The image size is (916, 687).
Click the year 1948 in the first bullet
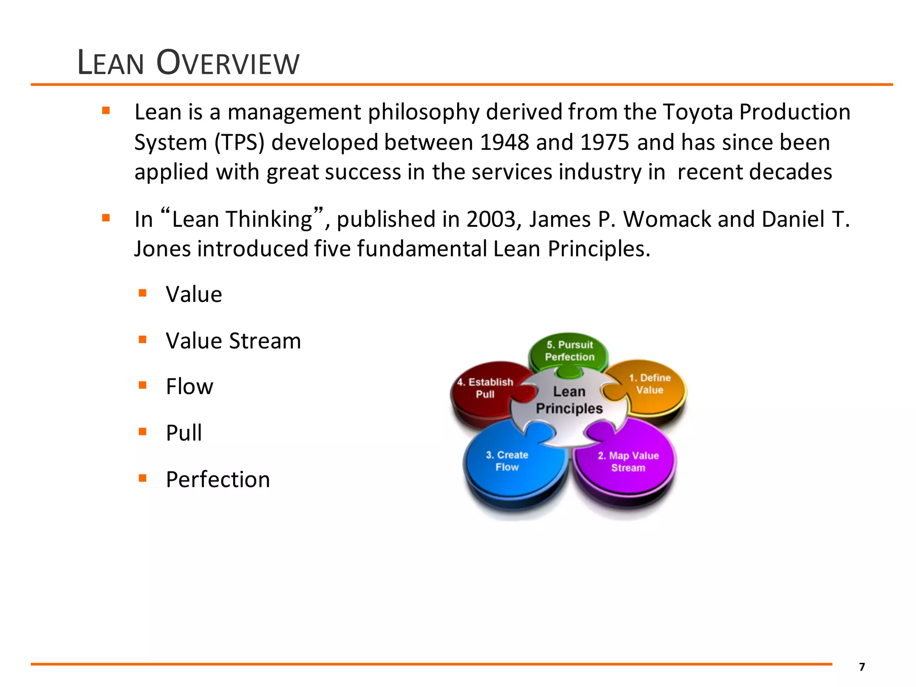504,142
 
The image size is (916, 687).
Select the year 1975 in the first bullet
605,142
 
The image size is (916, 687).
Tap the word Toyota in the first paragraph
698,112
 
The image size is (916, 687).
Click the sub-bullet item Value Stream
233,341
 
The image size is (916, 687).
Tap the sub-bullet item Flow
189,386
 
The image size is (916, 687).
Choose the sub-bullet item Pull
183,433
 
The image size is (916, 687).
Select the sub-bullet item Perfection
218,479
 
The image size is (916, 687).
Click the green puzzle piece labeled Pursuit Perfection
569,351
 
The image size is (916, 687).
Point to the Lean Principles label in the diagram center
569,400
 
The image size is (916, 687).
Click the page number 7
862,667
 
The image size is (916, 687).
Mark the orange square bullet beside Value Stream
143,339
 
